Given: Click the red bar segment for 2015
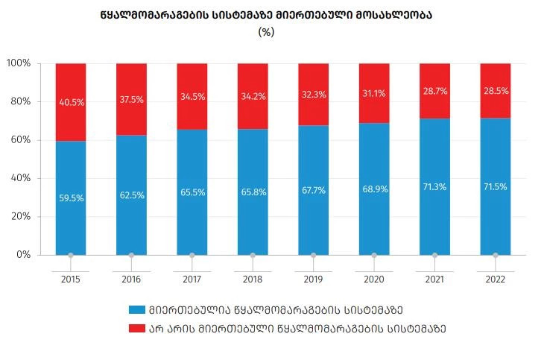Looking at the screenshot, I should [x=70, y=119].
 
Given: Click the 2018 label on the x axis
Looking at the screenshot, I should [x=253, y=280].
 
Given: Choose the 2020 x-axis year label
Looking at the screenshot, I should [x=373, y=280].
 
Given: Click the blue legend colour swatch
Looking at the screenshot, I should [x=136, y=309].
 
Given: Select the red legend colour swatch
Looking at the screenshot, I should [x=136, y=327].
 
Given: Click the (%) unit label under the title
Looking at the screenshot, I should [x=266, y=32].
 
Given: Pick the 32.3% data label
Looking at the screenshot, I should [x=313, y=95].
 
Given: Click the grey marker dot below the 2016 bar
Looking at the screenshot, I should [x=131, y=256].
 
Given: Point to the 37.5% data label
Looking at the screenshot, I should [x=131, y=100].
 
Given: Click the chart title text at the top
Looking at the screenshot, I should [x=266, y=14].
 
